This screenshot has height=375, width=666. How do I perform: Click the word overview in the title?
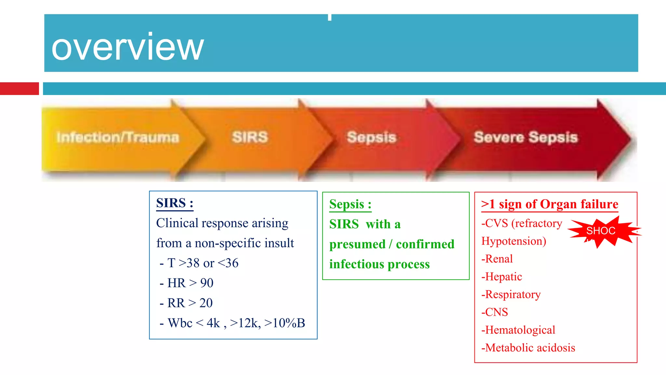tap(127, 48)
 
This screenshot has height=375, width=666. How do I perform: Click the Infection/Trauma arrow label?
tap(118, 137)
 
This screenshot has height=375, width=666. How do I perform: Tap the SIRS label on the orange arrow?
tap(250, 137)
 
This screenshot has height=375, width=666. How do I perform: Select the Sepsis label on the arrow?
tap(371, 137)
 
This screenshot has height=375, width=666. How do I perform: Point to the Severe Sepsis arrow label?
tap(526, 137)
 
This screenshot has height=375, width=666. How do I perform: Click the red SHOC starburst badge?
tap(601, 231)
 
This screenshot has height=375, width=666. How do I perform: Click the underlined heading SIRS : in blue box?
tap(175, 203)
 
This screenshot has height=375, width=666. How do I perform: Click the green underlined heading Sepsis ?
tap(350, 204)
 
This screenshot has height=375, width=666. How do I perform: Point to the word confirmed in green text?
tap(425, 244)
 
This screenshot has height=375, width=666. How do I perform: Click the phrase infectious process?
tap(380, 264)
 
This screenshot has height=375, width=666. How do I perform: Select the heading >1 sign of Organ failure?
tap(550, 204)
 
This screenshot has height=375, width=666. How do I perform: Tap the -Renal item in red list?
tap(497, 259)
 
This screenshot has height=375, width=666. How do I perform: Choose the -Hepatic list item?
tap(501, 277)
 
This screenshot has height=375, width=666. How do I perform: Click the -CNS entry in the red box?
tap(495, 312)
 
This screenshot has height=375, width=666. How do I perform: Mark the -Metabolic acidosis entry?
tap(528, 348)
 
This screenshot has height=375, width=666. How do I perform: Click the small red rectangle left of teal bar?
tap(19, 89)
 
